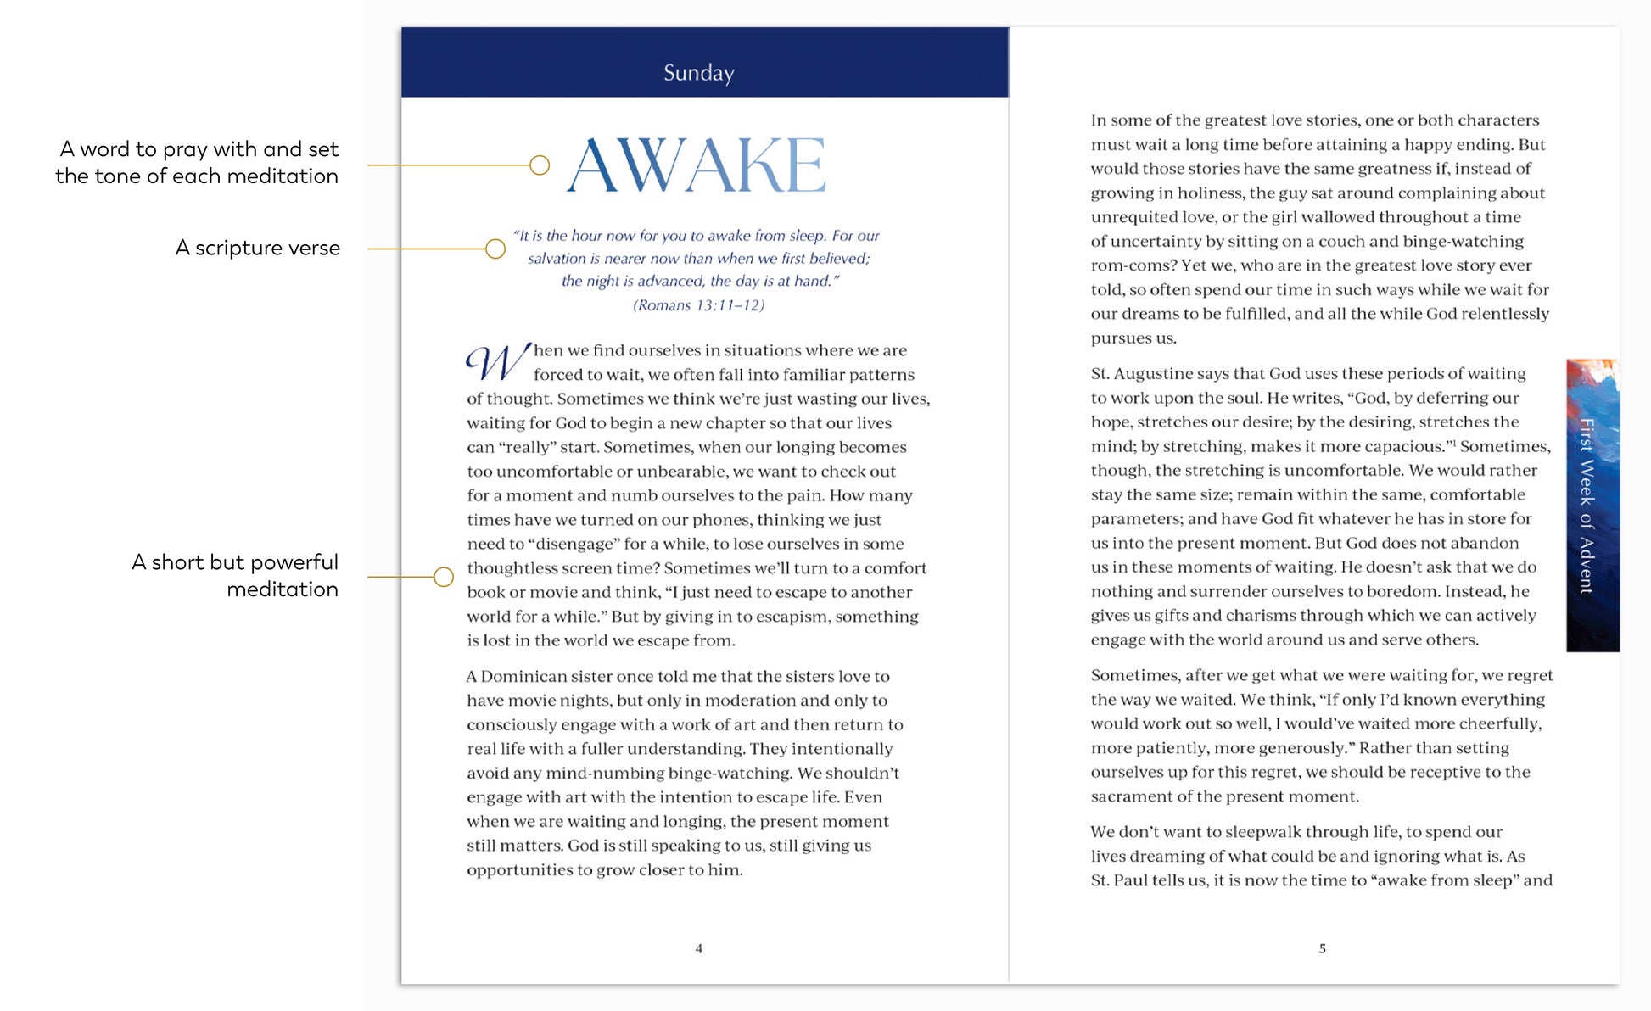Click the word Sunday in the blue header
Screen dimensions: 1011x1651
tap(698, 73)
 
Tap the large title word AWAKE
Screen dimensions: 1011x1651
tap(697, 165)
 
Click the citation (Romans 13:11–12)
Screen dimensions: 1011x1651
tap(698, 305)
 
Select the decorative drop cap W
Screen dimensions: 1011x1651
tap(498, 362)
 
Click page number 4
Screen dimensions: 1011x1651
tap(698, 948)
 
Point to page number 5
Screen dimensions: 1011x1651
tap(1322, 948)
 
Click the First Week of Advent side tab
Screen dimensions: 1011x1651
tap(1592, 505)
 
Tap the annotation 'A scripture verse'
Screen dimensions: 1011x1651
tap(257, 248)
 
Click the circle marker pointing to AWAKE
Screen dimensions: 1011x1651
tap(540, 165)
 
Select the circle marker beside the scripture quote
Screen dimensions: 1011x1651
tap(495, 249)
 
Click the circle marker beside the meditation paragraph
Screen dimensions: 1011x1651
tap(443, 577)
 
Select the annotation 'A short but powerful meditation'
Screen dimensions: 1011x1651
tap(235, 575)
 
